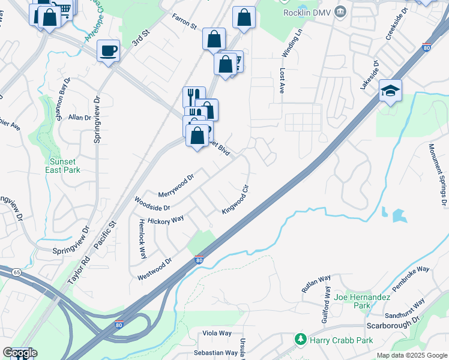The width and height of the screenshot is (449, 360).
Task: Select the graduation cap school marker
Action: click(x=390, y=91)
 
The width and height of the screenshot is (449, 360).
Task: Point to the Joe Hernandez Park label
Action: click(x=362, y=301)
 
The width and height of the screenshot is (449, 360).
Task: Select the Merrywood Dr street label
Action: click(x=176, y=185)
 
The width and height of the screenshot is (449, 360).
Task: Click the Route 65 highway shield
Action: click(x=17, y=272)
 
